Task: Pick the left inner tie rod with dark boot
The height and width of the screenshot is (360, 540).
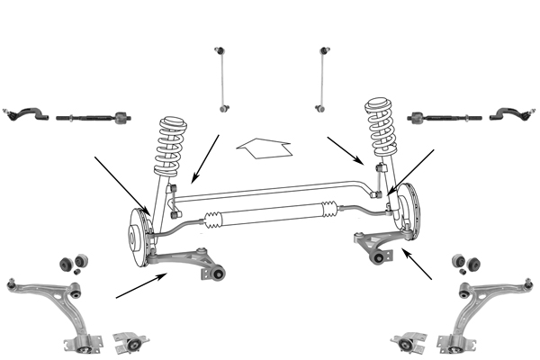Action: pos(90,116)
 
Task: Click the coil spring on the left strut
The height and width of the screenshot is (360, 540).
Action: pos(170,144)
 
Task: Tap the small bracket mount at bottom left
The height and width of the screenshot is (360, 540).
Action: pos(131,343)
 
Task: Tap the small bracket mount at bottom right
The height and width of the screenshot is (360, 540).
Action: pos(407,345)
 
